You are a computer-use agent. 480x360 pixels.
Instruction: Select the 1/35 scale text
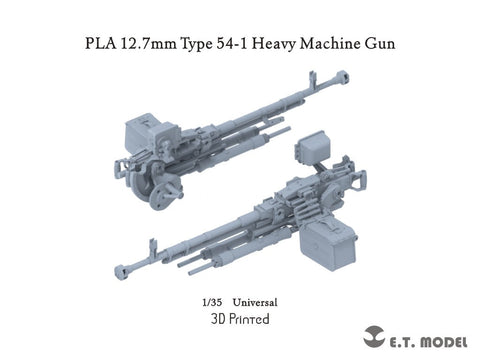tap(208, 301)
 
